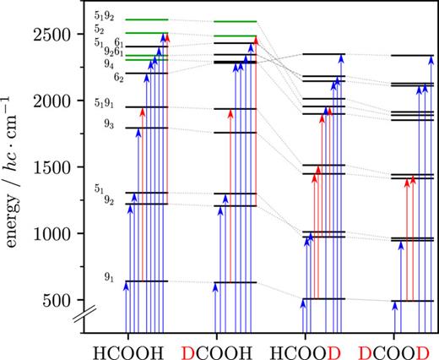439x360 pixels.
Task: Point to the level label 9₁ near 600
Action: (x=107, y=275)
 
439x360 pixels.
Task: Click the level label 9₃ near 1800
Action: (x=107, y=124)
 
